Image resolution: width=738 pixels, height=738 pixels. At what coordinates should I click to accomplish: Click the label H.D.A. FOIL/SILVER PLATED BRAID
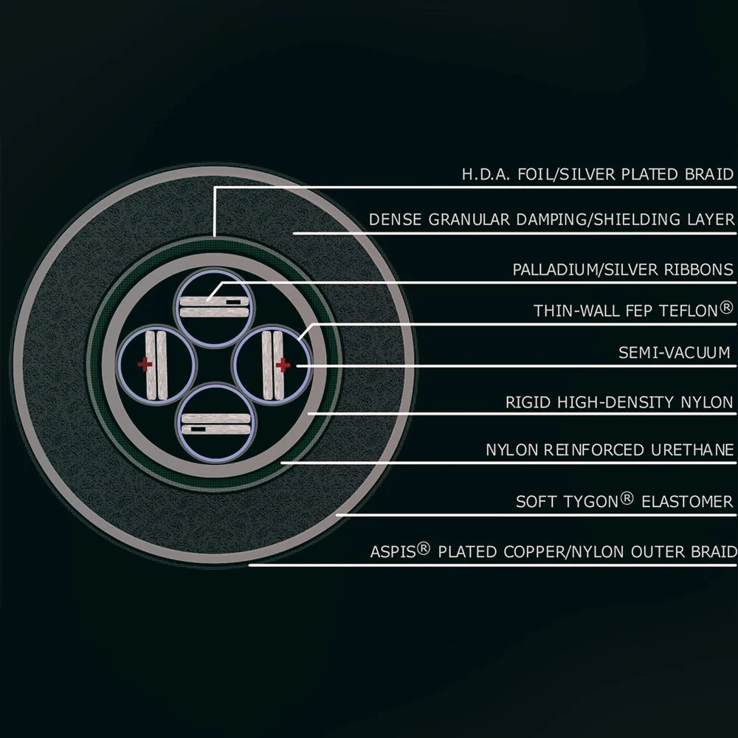[597, 174]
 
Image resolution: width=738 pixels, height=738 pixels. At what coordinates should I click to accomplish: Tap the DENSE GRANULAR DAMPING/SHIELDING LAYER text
[551, 219]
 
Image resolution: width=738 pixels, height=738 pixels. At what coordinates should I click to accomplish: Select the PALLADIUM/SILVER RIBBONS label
[623, 269]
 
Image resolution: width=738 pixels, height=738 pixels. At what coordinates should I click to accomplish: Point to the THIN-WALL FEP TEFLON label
[633, 310]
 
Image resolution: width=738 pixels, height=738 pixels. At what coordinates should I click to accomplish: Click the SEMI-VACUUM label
[674, 353]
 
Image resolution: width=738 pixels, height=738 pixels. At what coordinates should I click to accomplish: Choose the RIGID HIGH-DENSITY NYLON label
[619, 402]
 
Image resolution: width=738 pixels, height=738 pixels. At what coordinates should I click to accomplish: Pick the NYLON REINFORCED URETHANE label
[610, 450]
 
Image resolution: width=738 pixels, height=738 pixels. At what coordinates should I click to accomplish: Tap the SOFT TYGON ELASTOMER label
[624, 501]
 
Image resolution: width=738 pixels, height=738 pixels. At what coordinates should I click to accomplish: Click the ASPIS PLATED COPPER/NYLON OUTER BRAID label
[553, 551]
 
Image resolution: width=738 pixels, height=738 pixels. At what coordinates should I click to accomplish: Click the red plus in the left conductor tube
[145, 364]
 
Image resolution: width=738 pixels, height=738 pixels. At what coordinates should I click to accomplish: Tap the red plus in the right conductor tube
[283, 365]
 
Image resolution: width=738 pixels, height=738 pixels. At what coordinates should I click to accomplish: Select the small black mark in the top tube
[232, 301]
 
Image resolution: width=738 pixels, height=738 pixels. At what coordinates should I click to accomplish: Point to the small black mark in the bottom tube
[198, 430]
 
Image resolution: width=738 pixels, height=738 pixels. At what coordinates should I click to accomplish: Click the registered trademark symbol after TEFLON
[727, 307]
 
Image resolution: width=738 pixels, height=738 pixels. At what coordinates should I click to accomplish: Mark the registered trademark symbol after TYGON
[627, 498]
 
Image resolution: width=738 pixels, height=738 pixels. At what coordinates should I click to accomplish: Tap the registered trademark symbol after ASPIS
[424, 548]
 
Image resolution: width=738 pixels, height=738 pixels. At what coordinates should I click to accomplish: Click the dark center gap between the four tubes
[214, 365]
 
